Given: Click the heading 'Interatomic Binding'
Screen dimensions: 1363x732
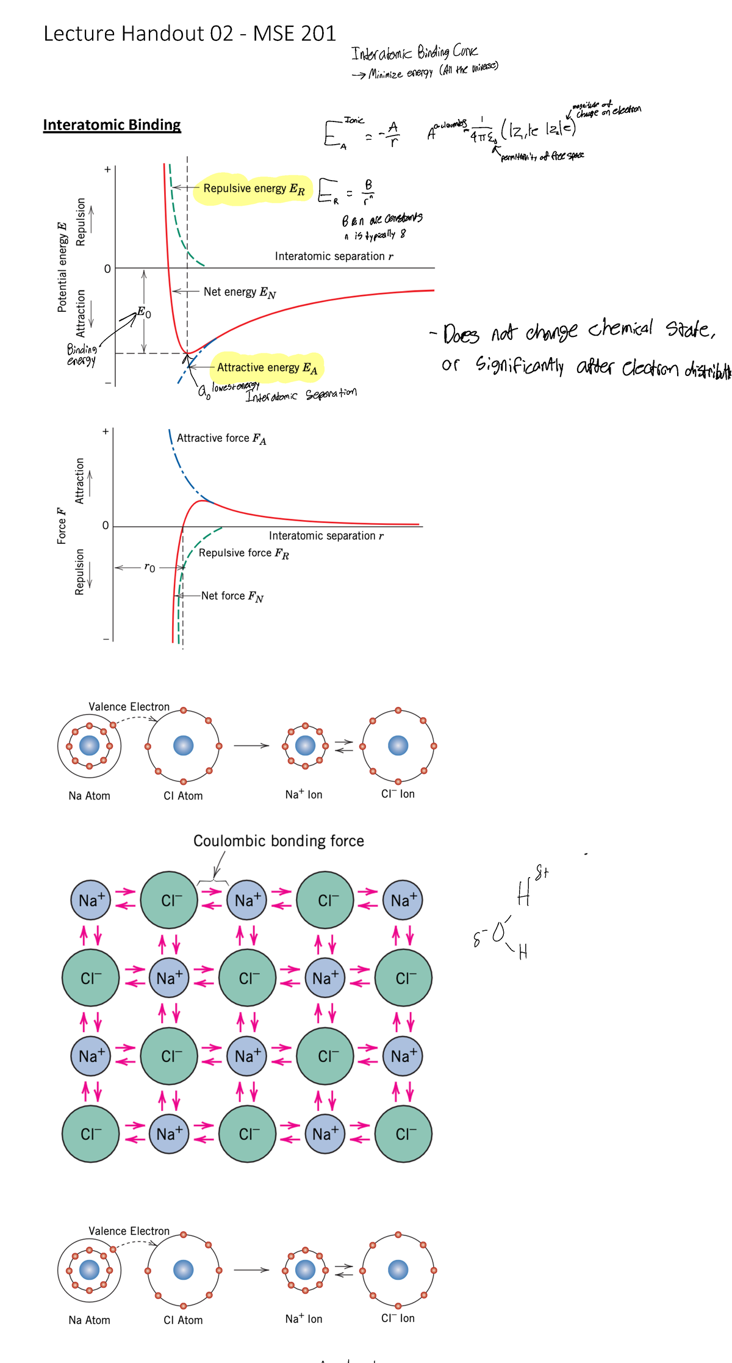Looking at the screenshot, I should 112,125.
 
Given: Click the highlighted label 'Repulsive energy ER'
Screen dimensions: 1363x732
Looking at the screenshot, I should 254,189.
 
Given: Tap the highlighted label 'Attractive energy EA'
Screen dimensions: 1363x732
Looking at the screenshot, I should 267,367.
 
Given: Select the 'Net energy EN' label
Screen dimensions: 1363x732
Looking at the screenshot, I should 240,292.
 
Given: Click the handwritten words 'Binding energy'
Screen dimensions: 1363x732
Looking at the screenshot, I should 82,355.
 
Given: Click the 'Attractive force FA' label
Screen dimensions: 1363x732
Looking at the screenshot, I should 221,438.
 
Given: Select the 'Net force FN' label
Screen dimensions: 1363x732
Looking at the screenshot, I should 232,596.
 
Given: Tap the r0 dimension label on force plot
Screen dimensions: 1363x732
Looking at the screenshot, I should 149,568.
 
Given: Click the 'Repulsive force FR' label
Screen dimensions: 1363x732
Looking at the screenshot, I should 244,553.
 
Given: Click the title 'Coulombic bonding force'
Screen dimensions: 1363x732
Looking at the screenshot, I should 278,841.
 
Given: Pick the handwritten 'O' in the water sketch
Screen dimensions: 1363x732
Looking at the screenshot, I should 498,932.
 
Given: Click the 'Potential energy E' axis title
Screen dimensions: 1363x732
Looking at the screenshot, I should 62,268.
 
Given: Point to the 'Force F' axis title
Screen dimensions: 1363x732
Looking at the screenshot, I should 62,525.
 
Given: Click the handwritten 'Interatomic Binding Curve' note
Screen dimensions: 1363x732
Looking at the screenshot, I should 414,52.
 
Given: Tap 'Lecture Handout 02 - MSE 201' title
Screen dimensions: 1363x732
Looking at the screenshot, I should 190,34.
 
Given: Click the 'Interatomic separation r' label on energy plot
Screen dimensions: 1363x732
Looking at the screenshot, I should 334,256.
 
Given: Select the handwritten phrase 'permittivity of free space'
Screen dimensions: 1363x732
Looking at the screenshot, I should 542,156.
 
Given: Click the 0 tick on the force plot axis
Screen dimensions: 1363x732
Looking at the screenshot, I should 106,526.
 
